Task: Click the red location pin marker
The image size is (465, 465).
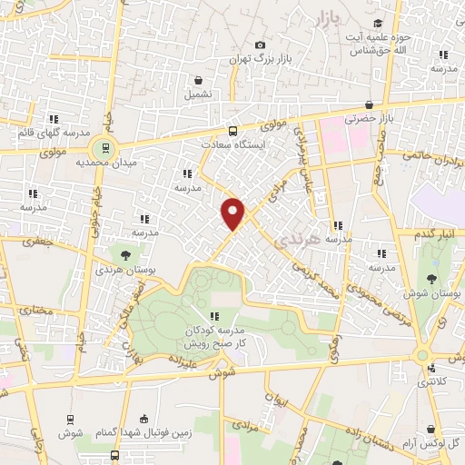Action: (233, 213)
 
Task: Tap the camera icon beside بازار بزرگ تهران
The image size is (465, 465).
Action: (261, 45)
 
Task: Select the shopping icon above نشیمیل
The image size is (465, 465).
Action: (197, 80)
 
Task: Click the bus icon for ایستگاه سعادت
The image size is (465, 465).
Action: (232, 130)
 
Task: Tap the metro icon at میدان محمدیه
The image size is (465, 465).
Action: (106, 148)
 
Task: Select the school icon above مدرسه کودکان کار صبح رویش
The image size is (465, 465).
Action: (213, 316)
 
